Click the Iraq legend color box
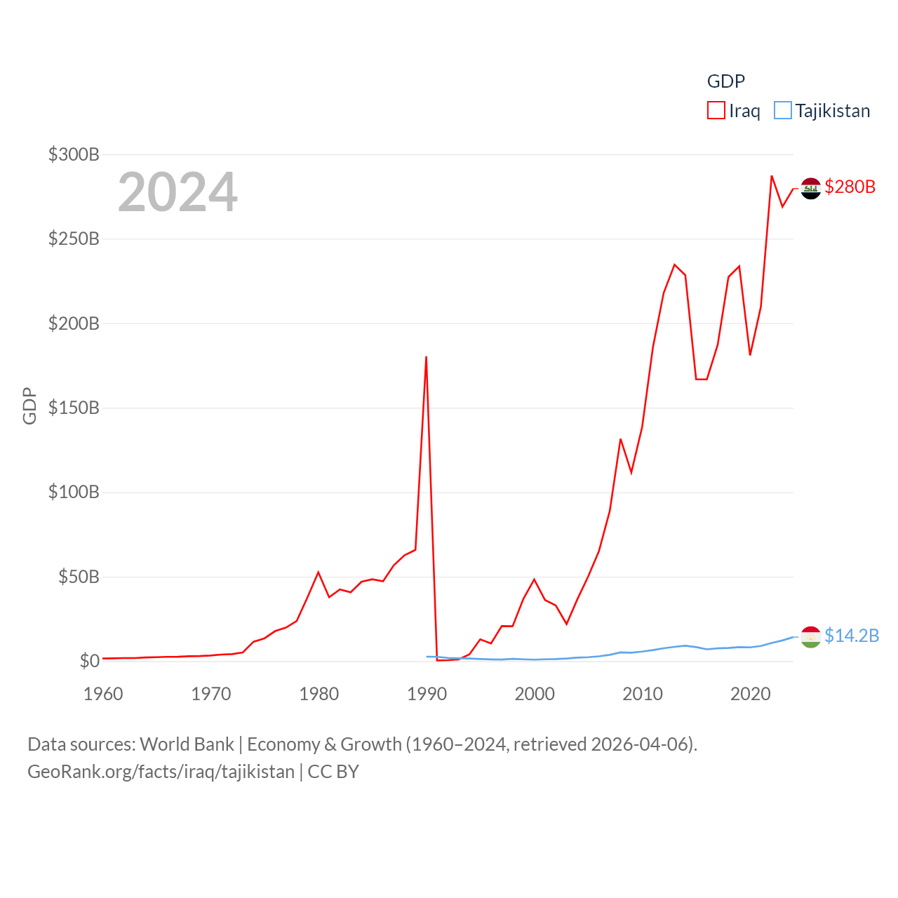716,111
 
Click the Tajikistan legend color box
782,111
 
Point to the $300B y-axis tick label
74,154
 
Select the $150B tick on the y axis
74,408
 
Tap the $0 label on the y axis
89,661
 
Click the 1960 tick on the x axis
103,694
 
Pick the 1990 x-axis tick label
427,694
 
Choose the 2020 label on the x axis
750,694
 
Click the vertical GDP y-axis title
29,406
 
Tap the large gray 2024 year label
177,192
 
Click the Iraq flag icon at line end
810,188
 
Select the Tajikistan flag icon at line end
810,636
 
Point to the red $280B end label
850,187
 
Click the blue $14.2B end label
851,636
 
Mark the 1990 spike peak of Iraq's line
426,357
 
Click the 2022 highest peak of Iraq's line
772,176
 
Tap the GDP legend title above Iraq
725,81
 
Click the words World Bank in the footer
187,744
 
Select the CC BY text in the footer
333,772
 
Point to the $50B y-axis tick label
78,577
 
